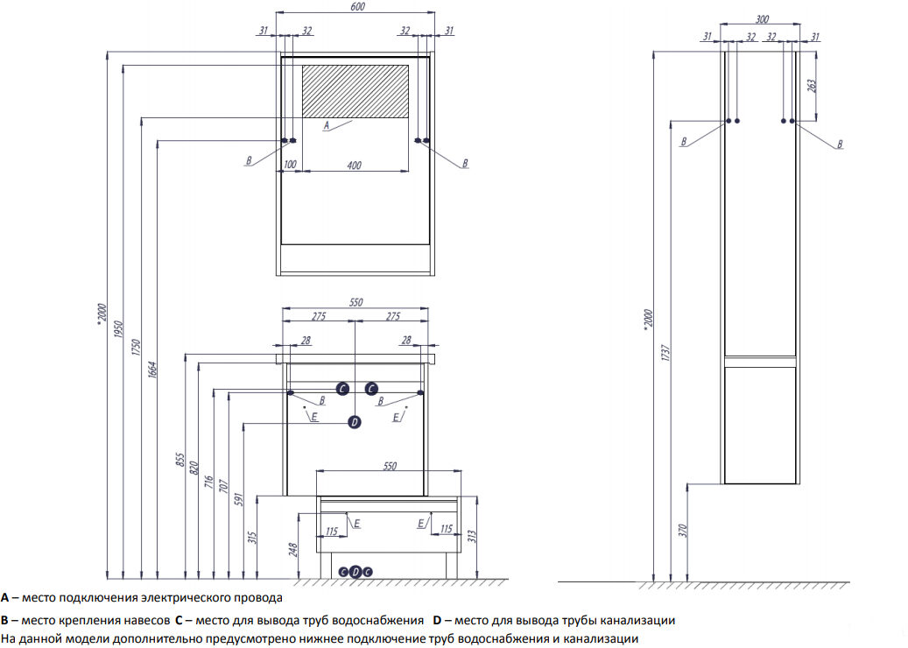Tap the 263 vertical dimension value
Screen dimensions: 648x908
(811, 86)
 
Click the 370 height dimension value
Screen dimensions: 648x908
(682, 530)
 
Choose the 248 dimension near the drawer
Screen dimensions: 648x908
(293, 548)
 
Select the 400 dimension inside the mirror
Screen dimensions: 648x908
(354, 165)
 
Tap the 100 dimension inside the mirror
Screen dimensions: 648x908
(290, 165)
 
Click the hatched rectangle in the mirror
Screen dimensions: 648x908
(355, 91)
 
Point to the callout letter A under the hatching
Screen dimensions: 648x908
(326, 126)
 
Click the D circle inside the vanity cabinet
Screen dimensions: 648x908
(355, 422)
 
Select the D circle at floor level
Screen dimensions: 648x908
(355, 572)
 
